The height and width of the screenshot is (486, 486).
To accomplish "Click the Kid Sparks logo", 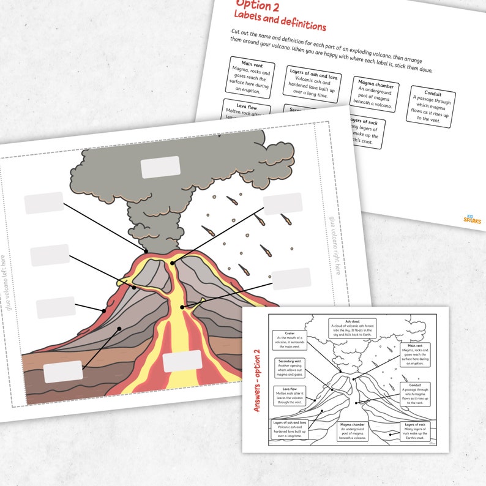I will pos(472,218).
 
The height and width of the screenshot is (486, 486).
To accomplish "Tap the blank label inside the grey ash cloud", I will pos(160,167).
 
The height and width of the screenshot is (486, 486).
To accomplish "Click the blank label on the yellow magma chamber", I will pos(182,361).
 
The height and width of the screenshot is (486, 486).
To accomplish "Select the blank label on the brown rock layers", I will pos(63,372).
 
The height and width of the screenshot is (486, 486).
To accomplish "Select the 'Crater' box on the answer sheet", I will pos(290,341).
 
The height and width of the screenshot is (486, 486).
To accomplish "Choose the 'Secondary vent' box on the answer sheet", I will pos(291,369).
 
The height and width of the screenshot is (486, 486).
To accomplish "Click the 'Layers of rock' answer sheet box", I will pos(414,431).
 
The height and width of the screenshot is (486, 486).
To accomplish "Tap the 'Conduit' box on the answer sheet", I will pos(415,394).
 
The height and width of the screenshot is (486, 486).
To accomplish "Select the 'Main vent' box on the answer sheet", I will pos(415,354).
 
